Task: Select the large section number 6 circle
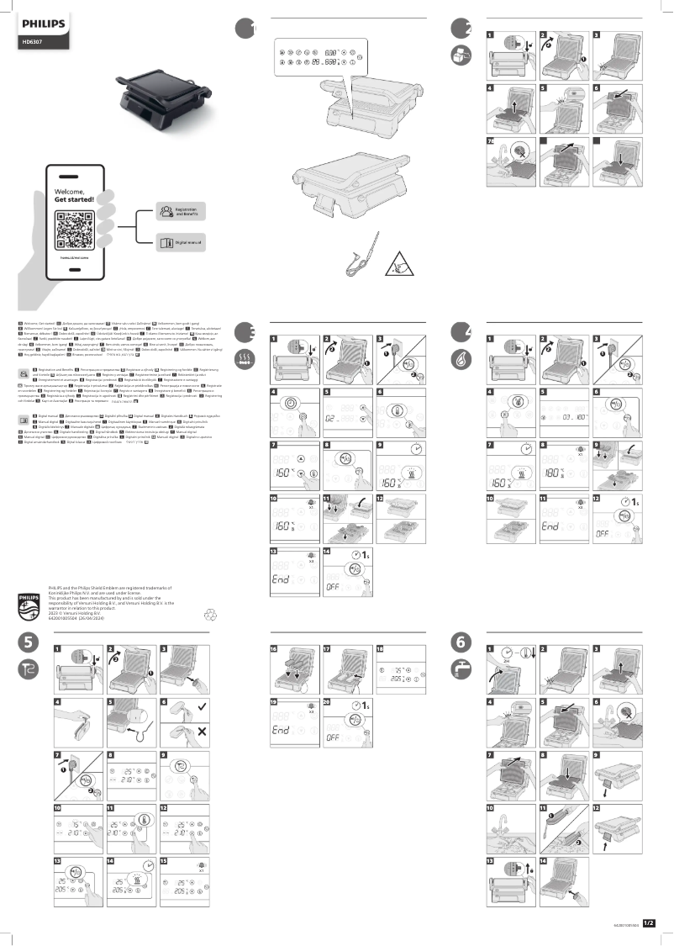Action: (461, 642)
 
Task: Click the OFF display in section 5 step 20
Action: (340, 737)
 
